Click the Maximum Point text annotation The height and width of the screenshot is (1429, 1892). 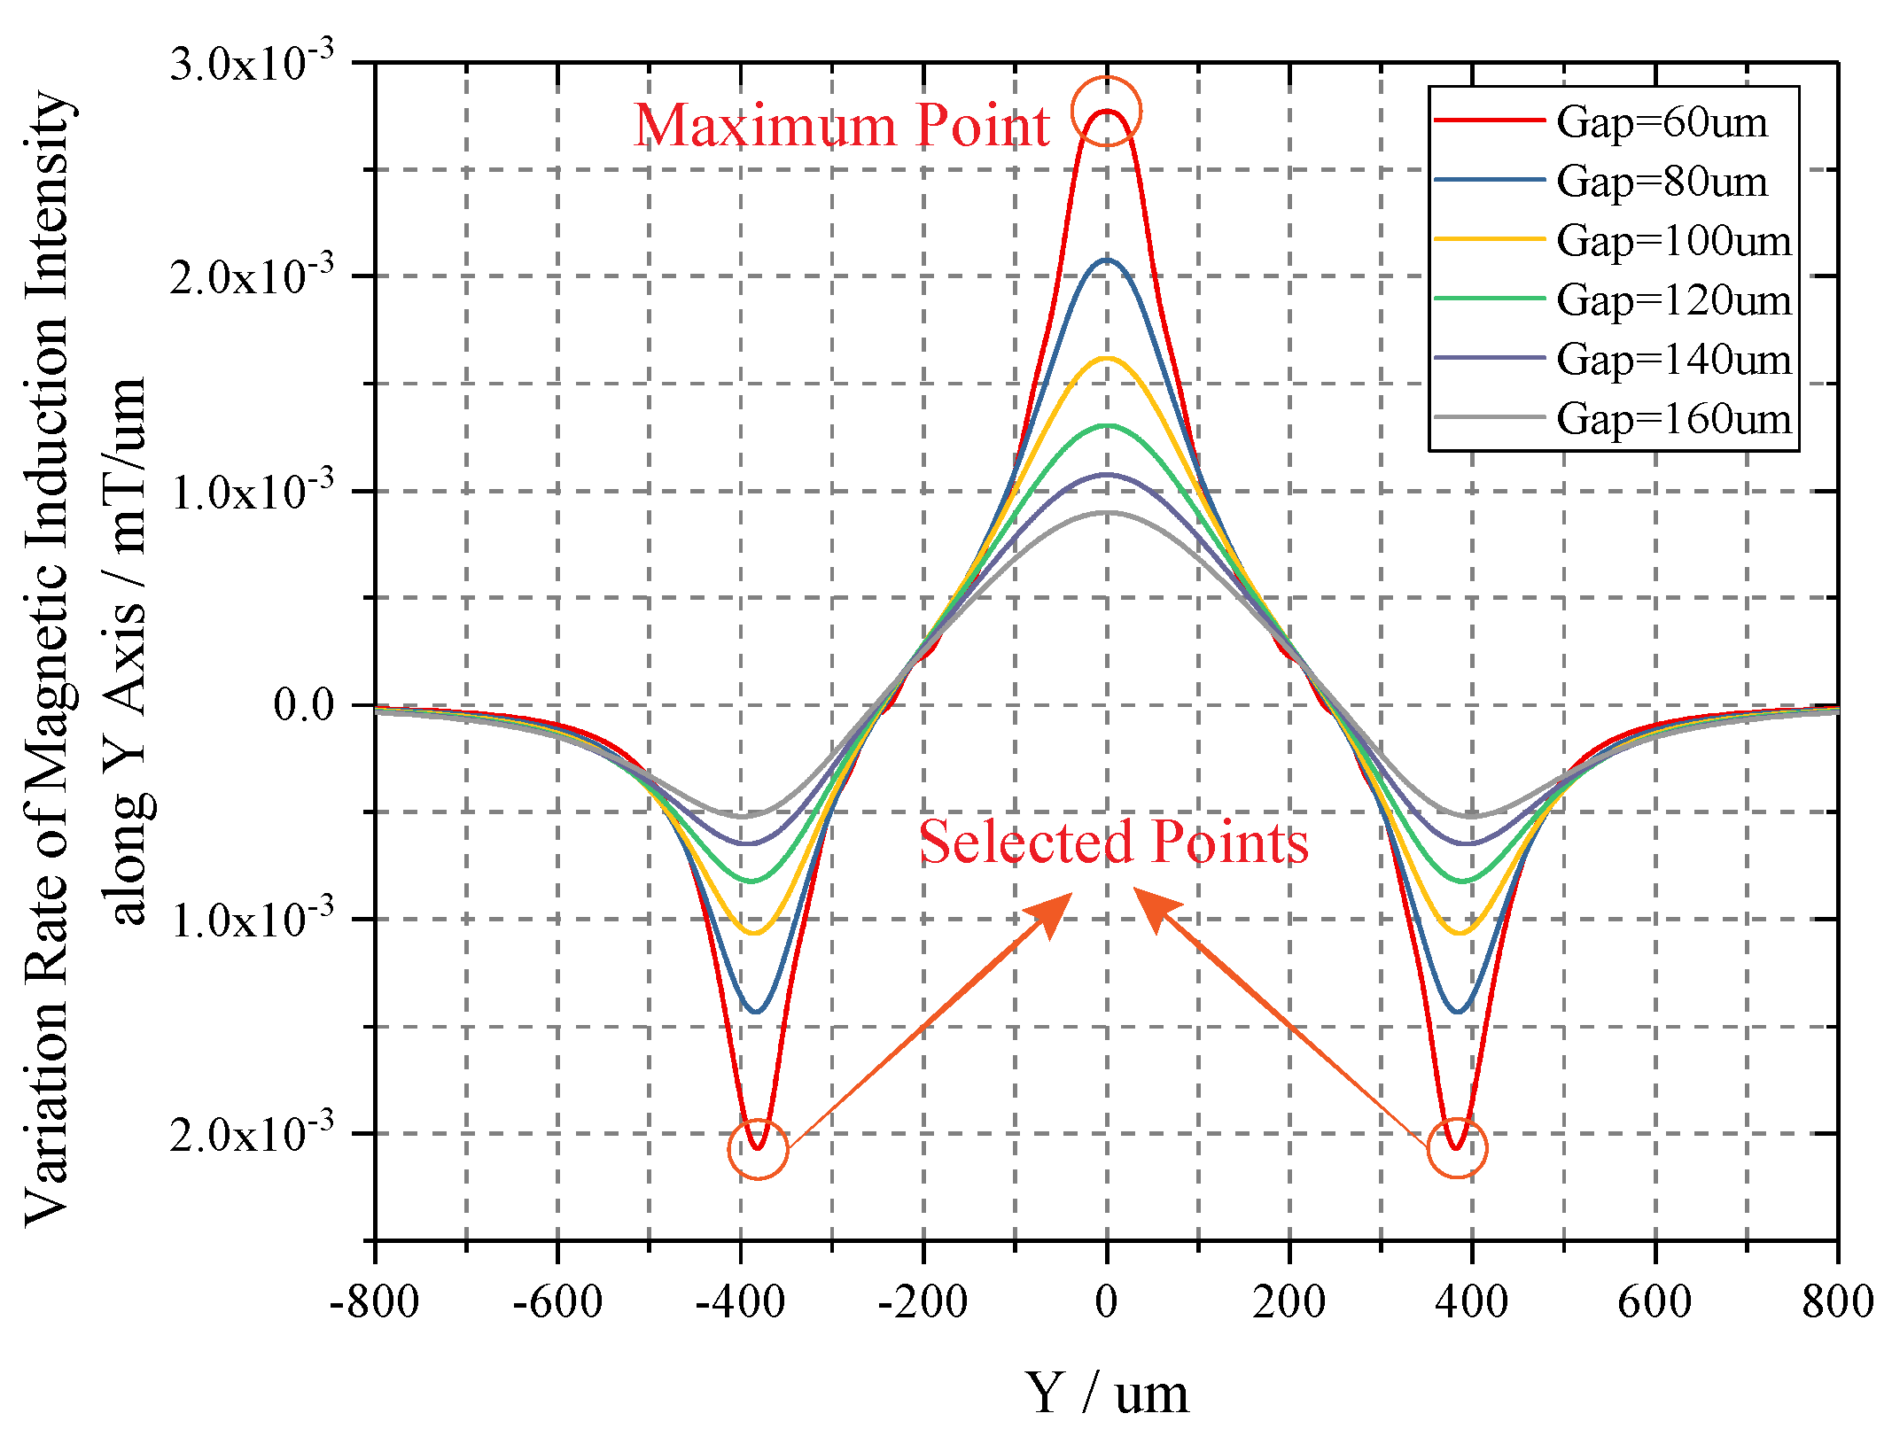[841, 125]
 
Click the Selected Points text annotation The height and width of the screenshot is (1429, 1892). [1113, 842]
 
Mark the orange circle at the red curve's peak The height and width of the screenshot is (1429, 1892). [1106, 111]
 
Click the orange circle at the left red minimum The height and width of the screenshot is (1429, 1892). [758, 1149]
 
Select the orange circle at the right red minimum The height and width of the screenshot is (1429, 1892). [1457, 1148]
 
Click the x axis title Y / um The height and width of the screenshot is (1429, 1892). [1106, 1394]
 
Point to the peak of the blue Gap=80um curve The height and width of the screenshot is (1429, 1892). [1106, 260]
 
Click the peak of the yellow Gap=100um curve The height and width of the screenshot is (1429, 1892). [1106, 358]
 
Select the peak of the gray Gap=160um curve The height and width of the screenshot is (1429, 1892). [1106, 512]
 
